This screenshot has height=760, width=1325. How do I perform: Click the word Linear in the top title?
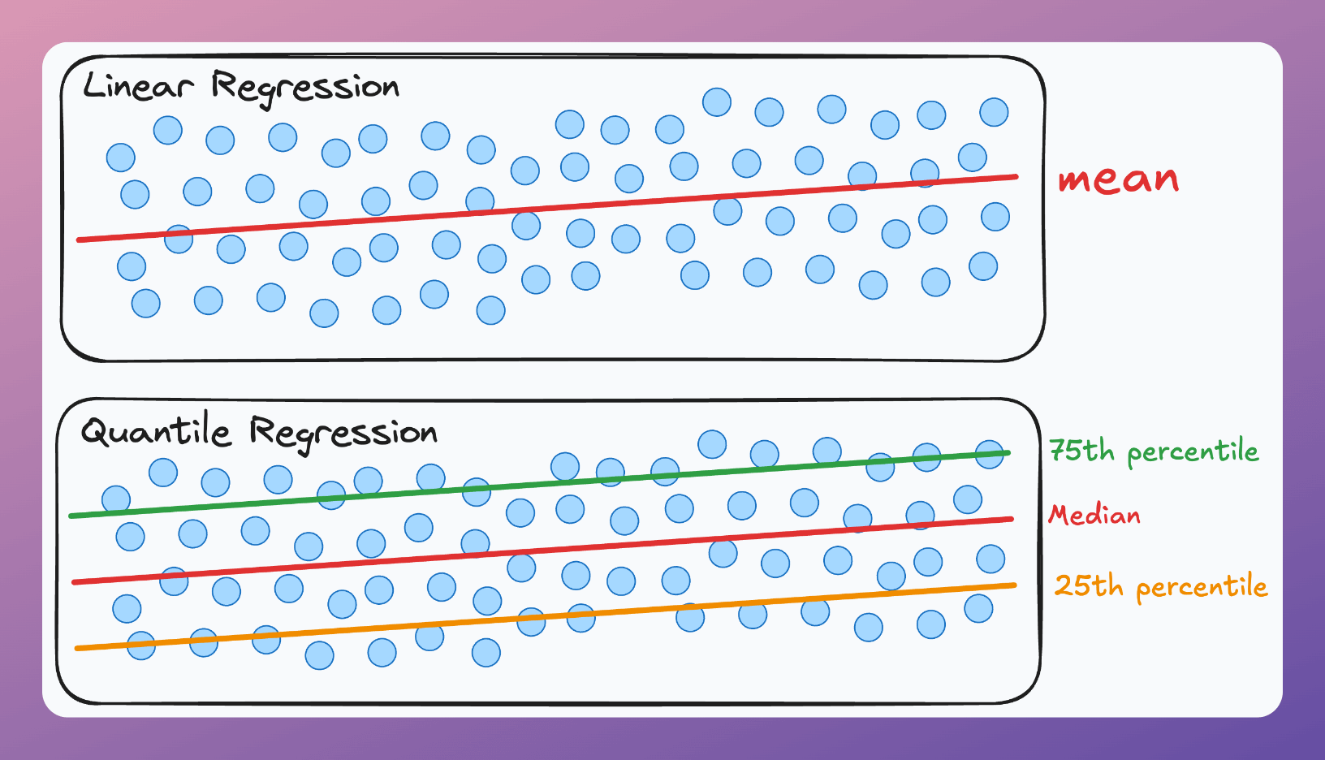tap(138, 86)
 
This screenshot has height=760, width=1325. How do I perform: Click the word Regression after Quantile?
tap(343, 433)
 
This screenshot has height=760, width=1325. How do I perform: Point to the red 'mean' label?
tap(1118, 179)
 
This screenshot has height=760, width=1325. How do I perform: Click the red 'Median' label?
tap(1094, 515)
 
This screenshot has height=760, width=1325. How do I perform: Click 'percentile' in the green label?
tap(1193, 452)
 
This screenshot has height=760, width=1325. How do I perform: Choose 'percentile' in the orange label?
tap(1202, 587)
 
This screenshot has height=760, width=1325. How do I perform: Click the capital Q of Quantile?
tap(96, 432)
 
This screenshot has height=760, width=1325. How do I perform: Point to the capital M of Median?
tap(1059, 514)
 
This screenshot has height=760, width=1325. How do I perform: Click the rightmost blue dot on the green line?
tap(990, 455)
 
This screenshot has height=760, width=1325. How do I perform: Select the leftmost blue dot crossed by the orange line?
tap(141, 646)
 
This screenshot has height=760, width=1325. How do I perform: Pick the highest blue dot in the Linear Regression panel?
tap(717, 102)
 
